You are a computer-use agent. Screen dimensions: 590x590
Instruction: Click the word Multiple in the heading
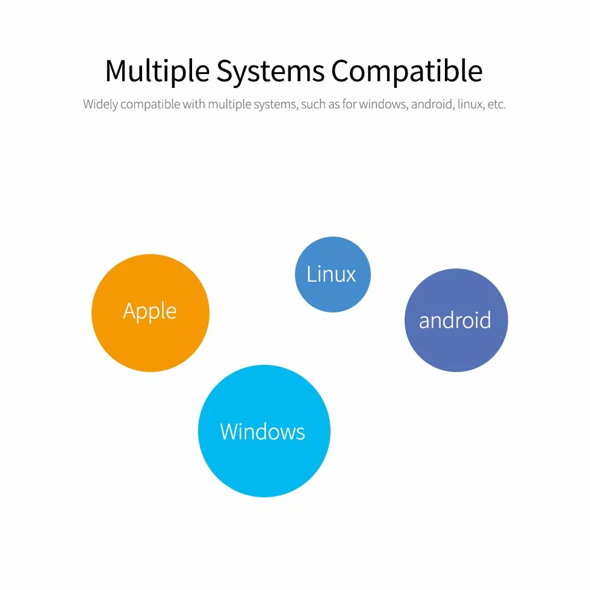pos(157,71)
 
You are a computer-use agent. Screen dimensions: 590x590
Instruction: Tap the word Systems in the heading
pos(270,71)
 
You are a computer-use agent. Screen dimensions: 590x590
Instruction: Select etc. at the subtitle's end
pos(497,105)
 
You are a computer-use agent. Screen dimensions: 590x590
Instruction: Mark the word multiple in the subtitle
pos(229,105)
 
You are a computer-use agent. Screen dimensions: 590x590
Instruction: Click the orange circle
pos(151,313)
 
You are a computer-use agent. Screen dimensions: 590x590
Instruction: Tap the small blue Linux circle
pos(333,275)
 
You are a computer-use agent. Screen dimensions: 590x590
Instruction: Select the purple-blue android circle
pos(456,320)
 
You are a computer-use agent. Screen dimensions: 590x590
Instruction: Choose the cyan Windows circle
pos(264,431)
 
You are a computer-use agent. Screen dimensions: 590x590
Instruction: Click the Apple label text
pos(150,312)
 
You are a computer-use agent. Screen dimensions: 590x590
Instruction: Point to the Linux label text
pos(331,274)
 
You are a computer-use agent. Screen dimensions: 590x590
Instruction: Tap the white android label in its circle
pos(455,320)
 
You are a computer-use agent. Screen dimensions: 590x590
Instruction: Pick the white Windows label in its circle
pos(262,431)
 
